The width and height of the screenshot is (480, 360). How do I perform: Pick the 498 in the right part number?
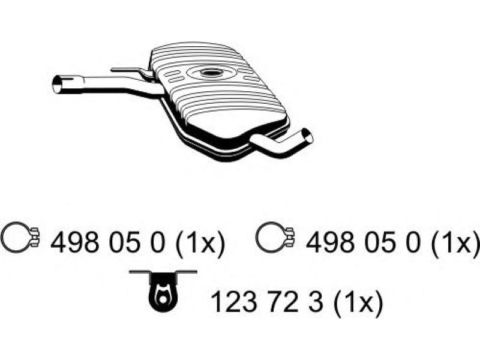(x=330, y=242)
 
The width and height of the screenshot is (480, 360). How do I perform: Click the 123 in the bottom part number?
(x=234, y=302)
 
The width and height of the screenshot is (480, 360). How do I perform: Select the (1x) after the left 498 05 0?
(x=200, y=244)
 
